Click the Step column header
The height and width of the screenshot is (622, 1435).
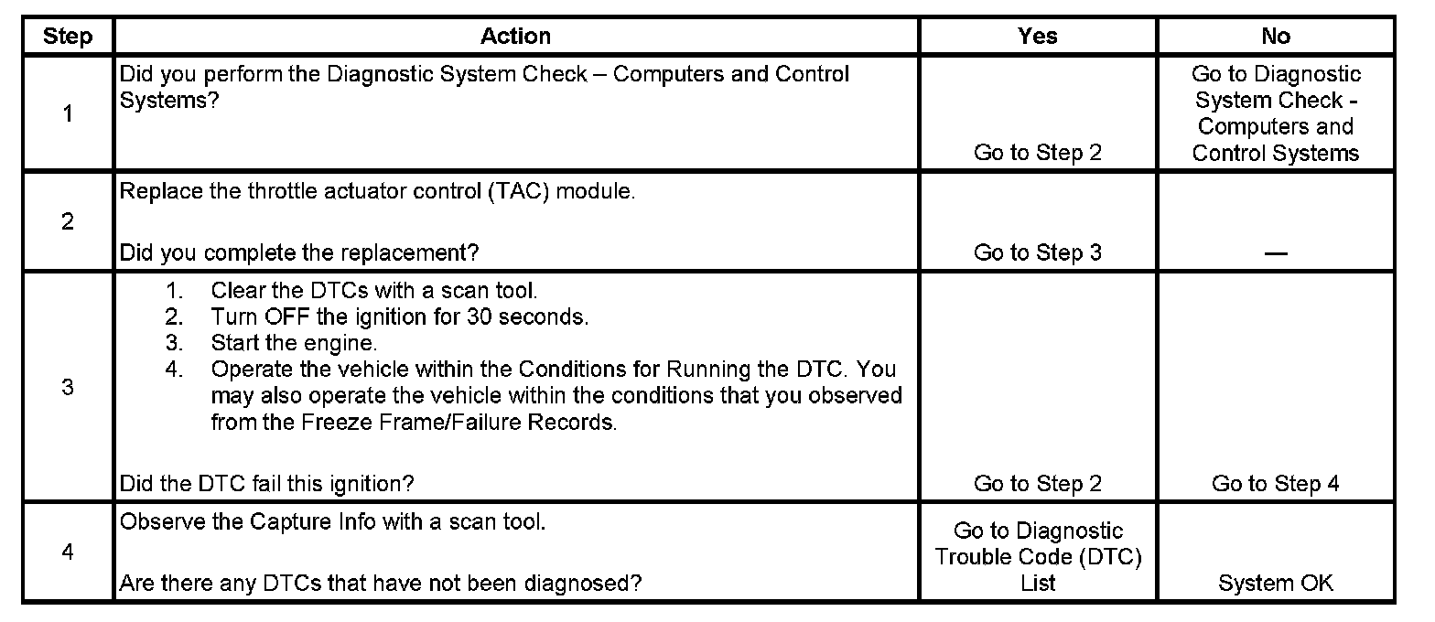pyautogui.click(x=68, y=37)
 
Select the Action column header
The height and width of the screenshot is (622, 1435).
pyautogui.click(x=516, y=37)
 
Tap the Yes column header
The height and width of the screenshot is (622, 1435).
pyautogui.click(x=1038, y=37)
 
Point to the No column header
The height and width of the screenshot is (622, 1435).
pyautogui.click(x=1276, y=37)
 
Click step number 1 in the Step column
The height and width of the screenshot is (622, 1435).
pyautogui.click(x=68, y=114)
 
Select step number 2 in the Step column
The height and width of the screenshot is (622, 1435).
pyautogui.click(x=68, y=222)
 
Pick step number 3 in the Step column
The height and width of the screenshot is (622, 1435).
pyautogui.click(x=68, y=387)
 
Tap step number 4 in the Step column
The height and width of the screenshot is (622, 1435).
pyautogui.click(x=68, y=552)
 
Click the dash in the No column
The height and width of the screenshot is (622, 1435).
pyautogui.click(x=1276, y=253)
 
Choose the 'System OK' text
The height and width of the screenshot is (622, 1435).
pyautogui.click(x=1276, y=583)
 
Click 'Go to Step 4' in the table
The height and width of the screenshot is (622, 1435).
pyautogui.click(x=1276, y=484)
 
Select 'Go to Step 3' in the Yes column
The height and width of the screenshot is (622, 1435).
pyautogui.click(x=1038, y=252)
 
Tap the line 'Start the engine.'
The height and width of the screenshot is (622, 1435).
pyautogui.click(x=294, y=344)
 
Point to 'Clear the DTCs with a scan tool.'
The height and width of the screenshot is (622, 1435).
pyautogui.click(x=373, y=292)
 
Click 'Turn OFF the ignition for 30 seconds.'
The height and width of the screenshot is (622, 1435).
pyautogui.click(x=400, y=317)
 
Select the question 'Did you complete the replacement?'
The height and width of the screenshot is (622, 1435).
pyautogui.click(x=299, y=252)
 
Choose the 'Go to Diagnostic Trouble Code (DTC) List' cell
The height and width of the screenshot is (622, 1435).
pyautogui.click(x=1038, y=556)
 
